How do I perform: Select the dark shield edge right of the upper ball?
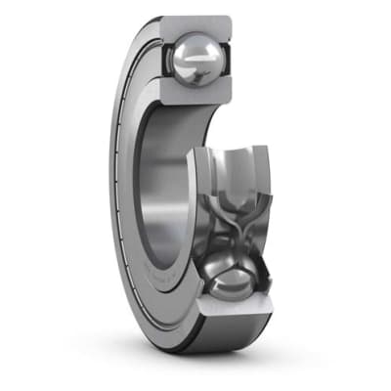[231, 61]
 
